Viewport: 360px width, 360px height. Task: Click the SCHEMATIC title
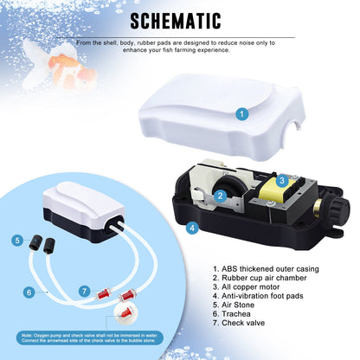176,21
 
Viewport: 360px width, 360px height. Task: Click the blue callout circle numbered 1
241,113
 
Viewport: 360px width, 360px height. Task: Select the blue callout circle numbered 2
221,196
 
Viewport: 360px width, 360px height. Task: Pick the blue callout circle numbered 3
282,181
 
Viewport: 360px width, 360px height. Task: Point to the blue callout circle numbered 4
192,228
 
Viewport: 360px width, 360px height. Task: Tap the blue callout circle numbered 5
17,241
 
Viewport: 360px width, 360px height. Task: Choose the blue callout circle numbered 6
29,292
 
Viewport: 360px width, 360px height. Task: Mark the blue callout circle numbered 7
85,291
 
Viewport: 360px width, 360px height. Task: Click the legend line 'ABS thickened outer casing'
266,269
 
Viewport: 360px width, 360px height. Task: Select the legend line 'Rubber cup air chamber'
260,278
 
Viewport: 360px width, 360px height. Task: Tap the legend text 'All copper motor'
247,287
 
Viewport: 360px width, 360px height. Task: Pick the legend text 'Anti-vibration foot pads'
258,296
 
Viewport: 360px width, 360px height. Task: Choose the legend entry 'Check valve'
239,323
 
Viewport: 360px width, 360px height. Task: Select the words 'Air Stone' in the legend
238,305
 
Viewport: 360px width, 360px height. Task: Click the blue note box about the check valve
90,338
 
